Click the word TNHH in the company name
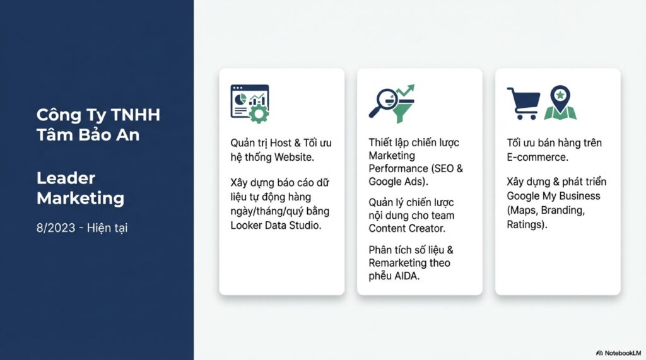(x=136, y=115)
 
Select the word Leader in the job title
(x=66, y=178)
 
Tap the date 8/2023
(x=56, y=228)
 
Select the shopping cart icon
(x=524, y=103)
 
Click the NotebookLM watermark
(x=619, y=353)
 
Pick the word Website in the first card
(x=294, y=157)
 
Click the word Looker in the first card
(x=245, y=225)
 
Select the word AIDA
(x=407, y=276)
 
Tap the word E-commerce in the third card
(x=537, y=157)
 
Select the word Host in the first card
(x=280, y=143)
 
